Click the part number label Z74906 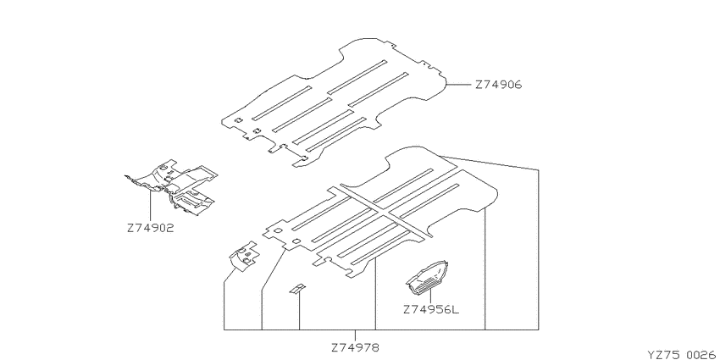click(x=498, y=85)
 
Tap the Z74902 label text click(x=151, y=228)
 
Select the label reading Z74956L click(x=431, y=309)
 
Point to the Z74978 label click(x=356, y=347)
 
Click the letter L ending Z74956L click(x=455, y=309)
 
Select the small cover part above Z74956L click(x=427, y=277)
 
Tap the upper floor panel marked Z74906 click(x=335, y=102)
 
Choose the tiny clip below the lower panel click(x=296, y=289)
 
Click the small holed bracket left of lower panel click(x=244, y=255)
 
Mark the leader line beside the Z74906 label click(x=459, y=85)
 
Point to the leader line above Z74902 click(x=151, y=205)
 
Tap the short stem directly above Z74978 click(x=356, y=335)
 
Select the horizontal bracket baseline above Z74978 click(x=381, y=330)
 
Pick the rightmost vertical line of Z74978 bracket click(x=538, y=250)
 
